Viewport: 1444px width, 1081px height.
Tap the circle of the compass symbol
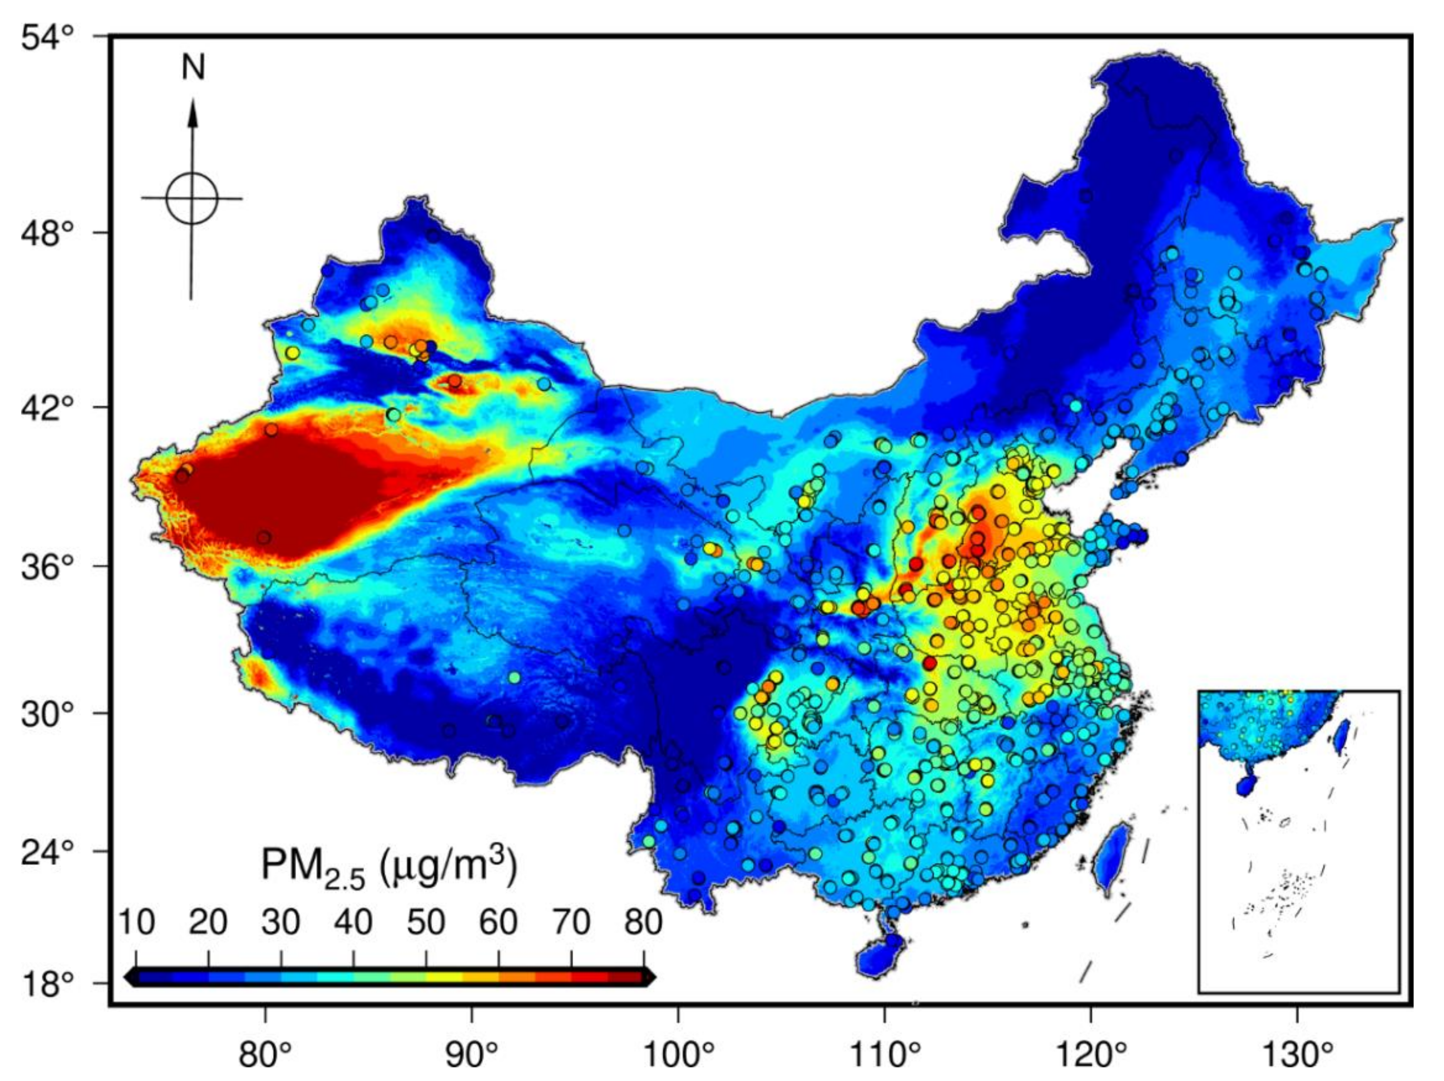191,199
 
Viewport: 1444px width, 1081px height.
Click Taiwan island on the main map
1112,858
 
